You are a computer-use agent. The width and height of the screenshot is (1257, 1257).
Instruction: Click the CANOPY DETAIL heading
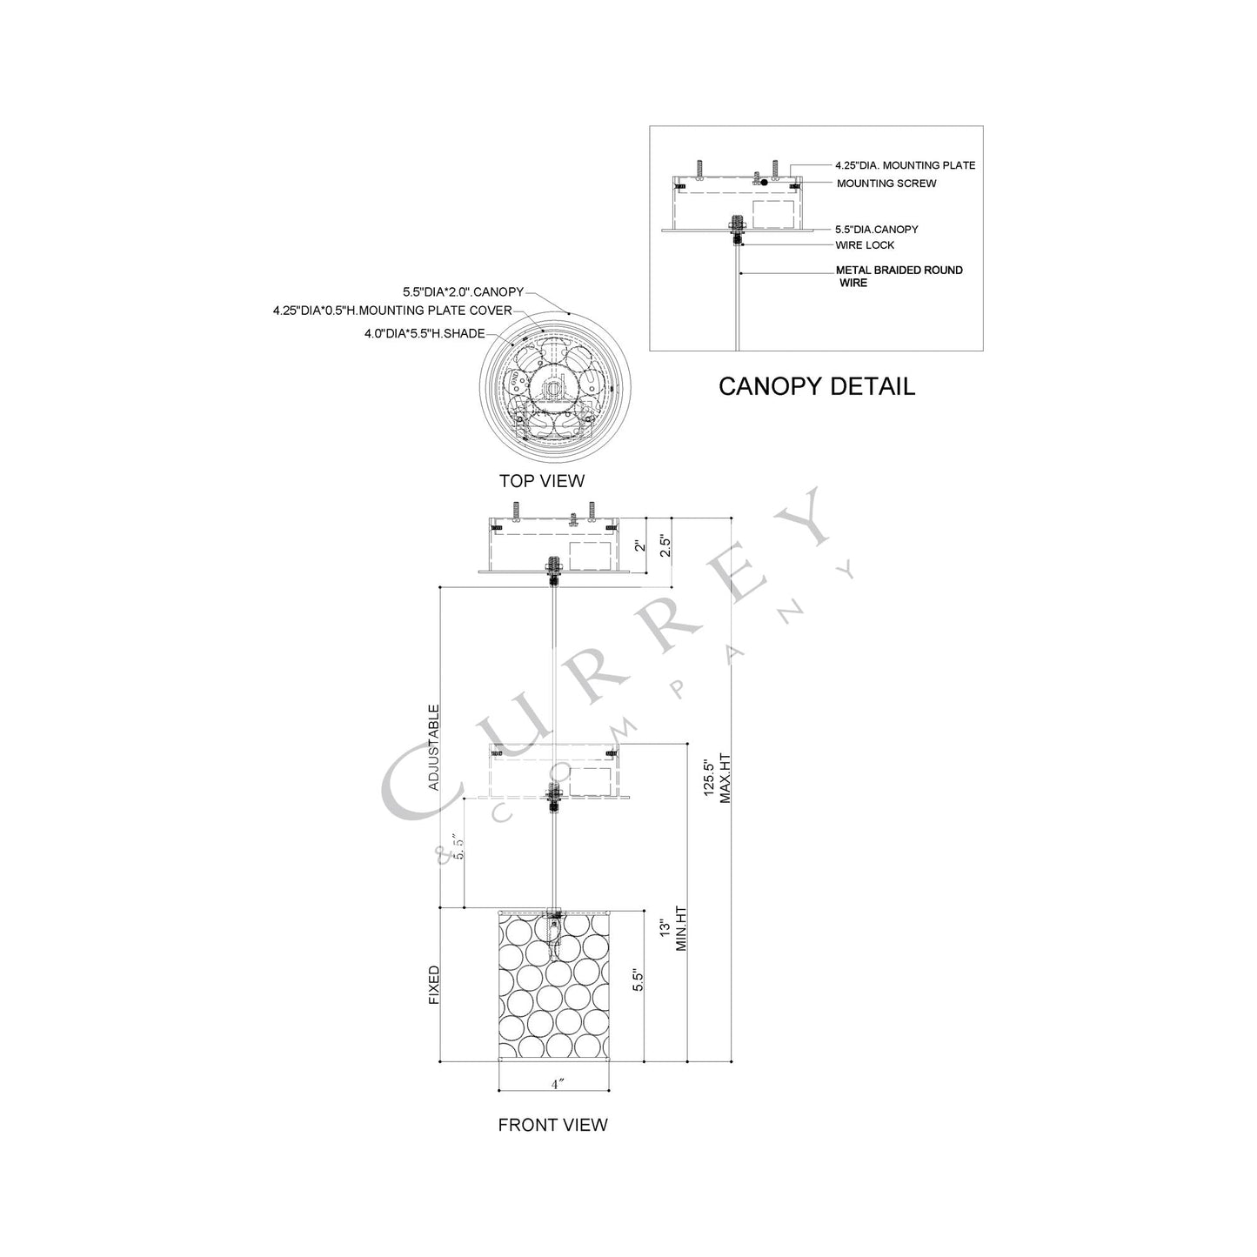pyautogui.click(x=817, y=386)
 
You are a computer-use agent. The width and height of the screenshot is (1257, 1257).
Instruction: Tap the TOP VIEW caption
pyautogui.click(x=542, y=481)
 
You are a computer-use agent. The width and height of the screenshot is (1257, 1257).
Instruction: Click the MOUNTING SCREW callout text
pyautogui.click(x=886, y=184)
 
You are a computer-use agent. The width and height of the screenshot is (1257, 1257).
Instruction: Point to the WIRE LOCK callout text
pyautogui.click(x=865, y=245)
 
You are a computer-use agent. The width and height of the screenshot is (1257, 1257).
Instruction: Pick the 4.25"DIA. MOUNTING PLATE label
pyautogui.click(x=906, y=165)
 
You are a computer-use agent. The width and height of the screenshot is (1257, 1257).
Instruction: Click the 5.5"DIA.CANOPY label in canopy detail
pyautogui.click(x=877, y=230)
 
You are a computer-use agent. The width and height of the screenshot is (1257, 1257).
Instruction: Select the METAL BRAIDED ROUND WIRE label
pyautogui.click(x=899, y=277)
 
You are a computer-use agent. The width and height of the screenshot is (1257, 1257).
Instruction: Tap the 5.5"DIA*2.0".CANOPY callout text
pyautogui.click(x=463, y=291)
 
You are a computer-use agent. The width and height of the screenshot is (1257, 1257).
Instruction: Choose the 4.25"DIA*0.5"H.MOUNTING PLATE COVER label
pyautogui.click(x=392, y=311)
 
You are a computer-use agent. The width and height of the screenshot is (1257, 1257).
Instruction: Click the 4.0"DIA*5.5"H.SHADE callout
pyautogui.click(x=425, y=333)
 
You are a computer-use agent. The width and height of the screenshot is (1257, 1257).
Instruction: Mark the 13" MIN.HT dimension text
pyautogui.click(x=673, y=936)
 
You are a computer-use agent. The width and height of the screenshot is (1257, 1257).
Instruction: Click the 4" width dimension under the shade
pyautogui.click(x=557, y=1084)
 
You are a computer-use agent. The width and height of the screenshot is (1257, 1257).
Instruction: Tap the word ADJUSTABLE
pyautogui.click(x=434, y=747)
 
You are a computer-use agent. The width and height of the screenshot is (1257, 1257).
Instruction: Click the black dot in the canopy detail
pyautogui.click(x=764, y=183)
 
